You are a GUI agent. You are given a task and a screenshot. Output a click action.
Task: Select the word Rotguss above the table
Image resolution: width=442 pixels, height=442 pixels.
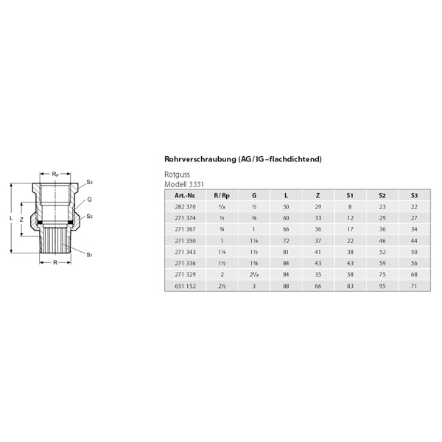coord(177,175)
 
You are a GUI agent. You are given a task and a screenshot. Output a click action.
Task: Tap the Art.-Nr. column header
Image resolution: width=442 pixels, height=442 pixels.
coord(185,195)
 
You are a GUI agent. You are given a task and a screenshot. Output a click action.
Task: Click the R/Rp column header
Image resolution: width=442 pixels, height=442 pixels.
coord(221,195)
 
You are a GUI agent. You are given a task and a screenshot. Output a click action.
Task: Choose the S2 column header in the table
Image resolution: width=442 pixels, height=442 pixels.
coord(382,195)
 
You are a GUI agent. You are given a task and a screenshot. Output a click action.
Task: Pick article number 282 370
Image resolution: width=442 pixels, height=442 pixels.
coord(185,208)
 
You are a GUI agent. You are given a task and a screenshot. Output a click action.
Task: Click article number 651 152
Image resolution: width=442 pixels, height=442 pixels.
coord(185,286)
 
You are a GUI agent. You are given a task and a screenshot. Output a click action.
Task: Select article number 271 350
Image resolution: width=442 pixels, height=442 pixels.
coord(185,241)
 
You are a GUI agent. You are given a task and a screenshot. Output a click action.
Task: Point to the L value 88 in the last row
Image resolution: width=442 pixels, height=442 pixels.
coord(286,286)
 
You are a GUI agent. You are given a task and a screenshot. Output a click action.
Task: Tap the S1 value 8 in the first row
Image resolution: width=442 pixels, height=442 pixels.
coord(350,208)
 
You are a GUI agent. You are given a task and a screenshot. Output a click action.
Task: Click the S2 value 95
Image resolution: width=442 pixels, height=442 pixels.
coord(382,286)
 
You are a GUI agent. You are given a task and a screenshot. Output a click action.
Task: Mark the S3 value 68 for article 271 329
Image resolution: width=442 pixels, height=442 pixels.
coord(414,275)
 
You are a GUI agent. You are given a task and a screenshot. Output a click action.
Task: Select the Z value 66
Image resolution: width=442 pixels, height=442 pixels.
coord(318,286)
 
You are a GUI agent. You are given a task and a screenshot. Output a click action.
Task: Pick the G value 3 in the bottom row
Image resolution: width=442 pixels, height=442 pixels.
coord(254,286)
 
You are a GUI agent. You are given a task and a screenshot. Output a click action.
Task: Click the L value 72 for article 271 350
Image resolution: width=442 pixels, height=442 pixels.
coord(286,241)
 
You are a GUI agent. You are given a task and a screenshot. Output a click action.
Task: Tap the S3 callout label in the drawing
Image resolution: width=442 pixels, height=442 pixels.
coord(89,182)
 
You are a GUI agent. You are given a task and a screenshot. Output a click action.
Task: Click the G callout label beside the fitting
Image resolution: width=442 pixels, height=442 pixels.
coord(89,200)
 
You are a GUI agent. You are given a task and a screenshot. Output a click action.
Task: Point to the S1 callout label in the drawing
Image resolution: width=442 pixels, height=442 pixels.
coord(89,254)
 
